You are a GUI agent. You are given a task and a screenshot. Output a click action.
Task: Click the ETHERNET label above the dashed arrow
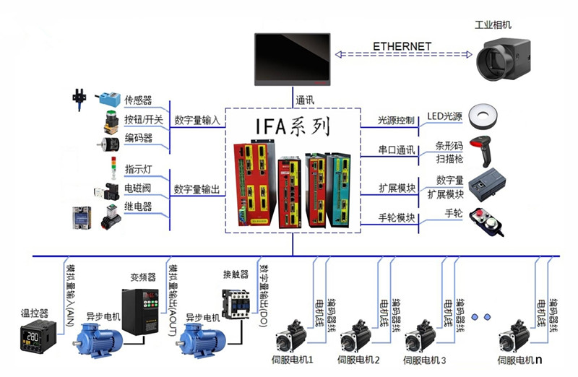pos(402,46)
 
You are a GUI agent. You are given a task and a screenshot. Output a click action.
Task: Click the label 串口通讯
pos(397,150)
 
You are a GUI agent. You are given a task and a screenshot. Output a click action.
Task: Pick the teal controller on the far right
pos(340,189)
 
